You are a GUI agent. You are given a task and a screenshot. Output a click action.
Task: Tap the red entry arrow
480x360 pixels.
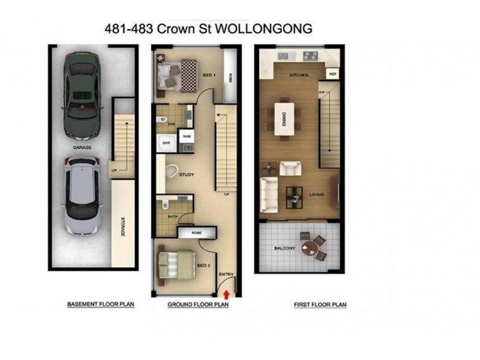click(226, 294)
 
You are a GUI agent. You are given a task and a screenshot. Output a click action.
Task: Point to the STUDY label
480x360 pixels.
click(187, 175)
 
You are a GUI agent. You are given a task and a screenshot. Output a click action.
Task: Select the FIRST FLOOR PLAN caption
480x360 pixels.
click(320, 305)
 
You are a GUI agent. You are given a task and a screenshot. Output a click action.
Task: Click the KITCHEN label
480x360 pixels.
click(299, 75)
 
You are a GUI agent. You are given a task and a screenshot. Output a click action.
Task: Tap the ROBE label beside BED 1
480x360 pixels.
click(229, 77)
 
